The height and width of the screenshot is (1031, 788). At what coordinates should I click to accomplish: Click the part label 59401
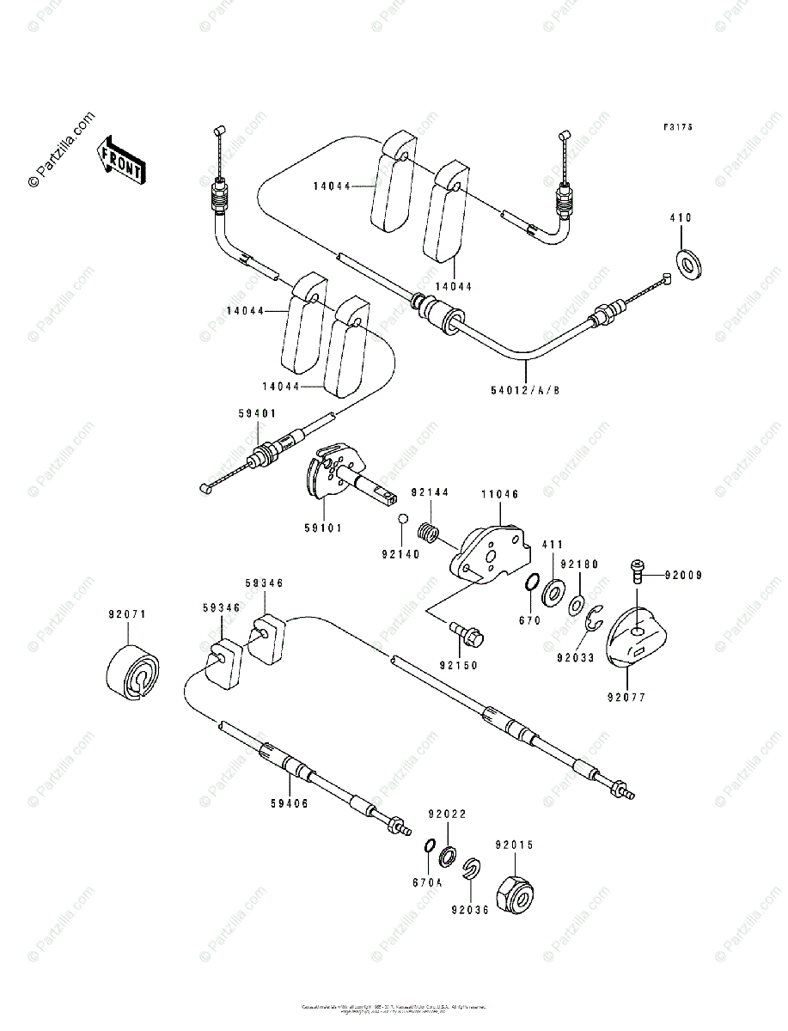[257, 414]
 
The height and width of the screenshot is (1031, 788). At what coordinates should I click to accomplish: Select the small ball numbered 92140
[400, 519]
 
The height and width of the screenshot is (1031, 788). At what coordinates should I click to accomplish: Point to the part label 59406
[290, 803]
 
